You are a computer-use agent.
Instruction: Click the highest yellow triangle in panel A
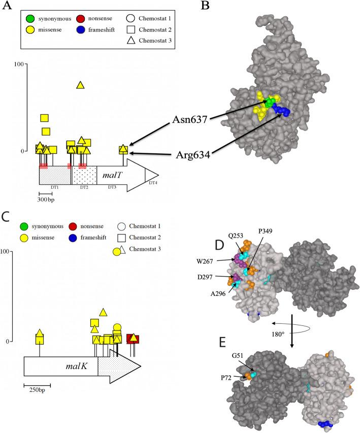80,85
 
